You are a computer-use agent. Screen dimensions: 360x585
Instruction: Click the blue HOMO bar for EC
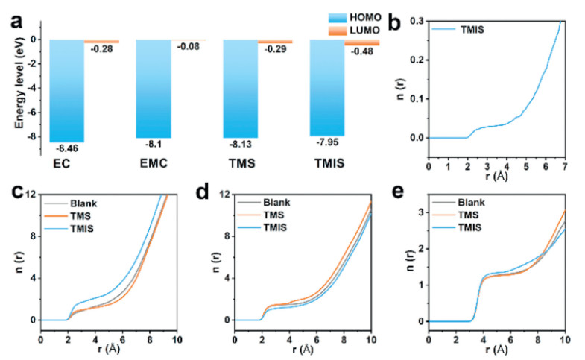[66, 89]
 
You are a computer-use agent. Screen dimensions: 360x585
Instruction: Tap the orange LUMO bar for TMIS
[362, 42]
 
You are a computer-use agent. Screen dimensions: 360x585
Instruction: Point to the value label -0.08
[187, 47]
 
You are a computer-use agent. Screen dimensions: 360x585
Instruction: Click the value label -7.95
[327, 141]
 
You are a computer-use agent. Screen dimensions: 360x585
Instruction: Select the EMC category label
[153, 161]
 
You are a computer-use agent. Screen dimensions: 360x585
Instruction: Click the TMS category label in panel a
[240, 161]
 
